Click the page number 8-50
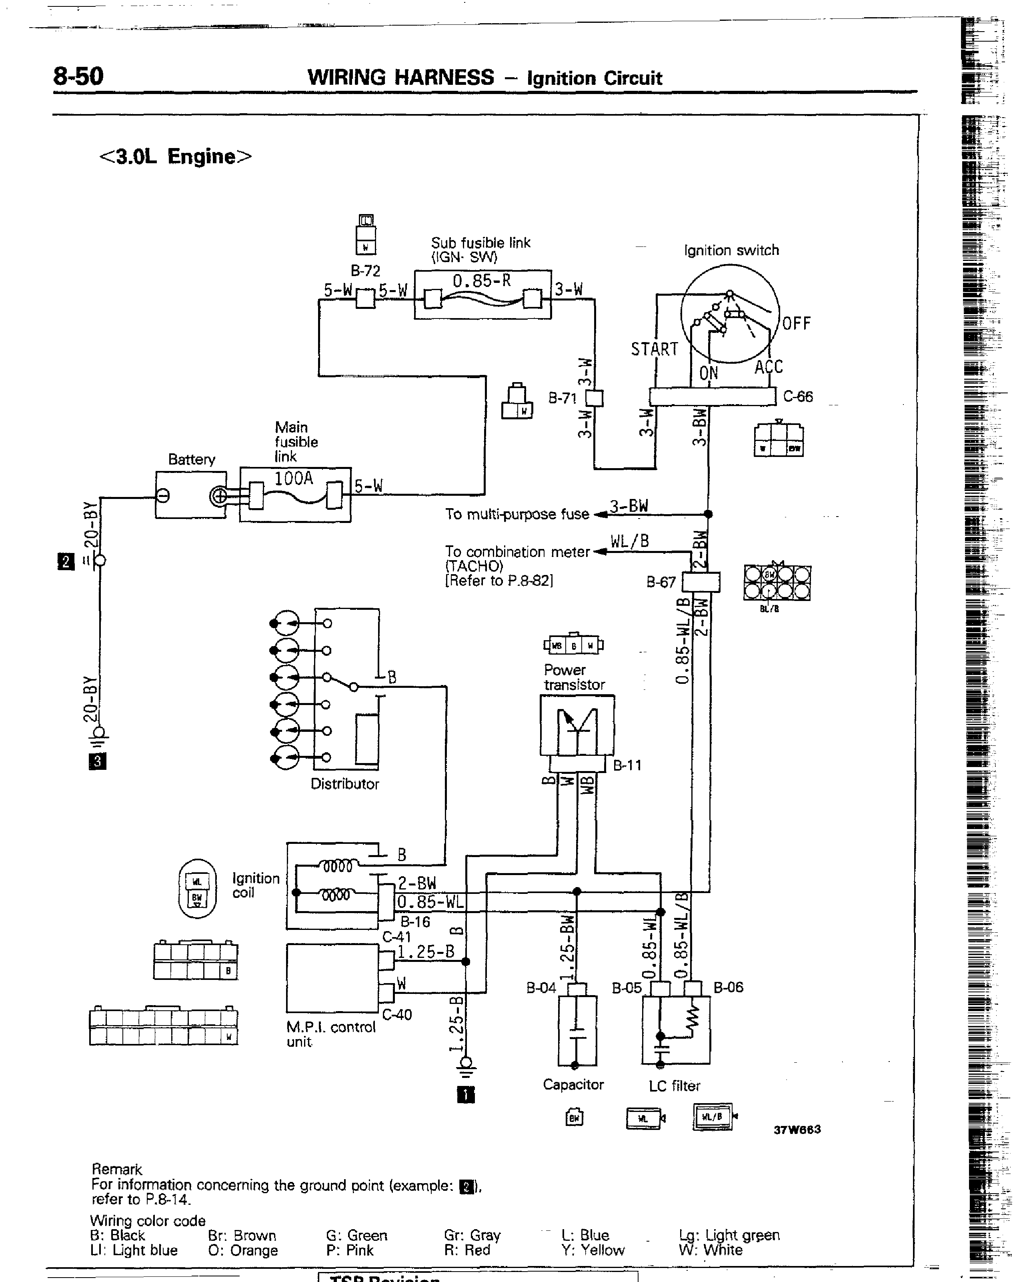click(78, 76)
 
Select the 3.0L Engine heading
click(175, 156)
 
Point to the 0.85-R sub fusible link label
click(481, 280)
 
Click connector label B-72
click(365, 271)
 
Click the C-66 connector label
click(798, 397)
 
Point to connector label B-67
click(661, 582)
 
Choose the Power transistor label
click(574, 677)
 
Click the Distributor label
click(345, 784)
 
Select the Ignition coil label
click(256, 885)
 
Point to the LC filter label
click(674, 1086)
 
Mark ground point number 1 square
click(465, 1095)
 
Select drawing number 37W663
click(797, 1129)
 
